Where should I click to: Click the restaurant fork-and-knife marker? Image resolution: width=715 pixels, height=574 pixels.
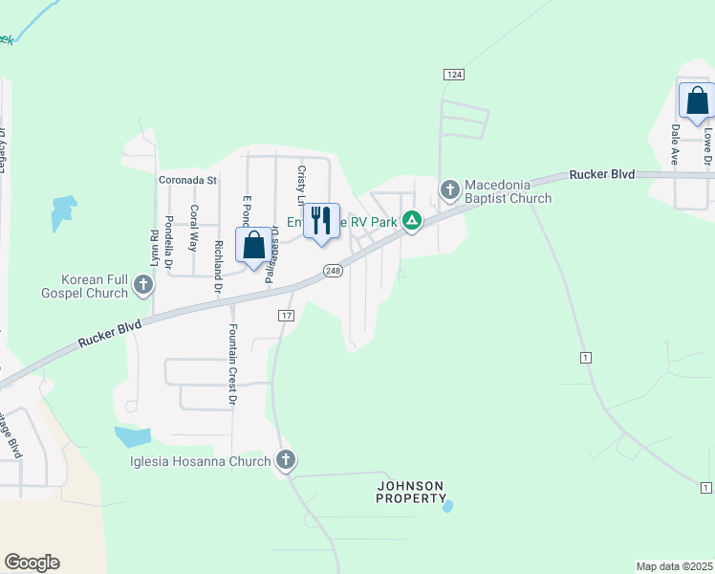pyautogui.click(x=322, y=222)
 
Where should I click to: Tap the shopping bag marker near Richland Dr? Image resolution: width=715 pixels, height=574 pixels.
pyautogui.click(x=253, y=245)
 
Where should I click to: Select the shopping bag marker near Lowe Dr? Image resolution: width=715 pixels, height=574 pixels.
pyautogui.click(x=697, y=100)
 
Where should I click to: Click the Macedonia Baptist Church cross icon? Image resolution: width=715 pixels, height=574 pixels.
pyautogui.click(x=450, y=191)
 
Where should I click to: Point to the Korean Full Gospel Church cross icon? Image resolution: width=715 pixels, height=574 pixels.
pyautogui.click(x=143, y=284)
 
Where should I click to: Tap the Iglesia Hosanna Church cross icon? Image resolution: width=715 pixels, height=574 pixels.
pyautogui.click(x=285, y=461)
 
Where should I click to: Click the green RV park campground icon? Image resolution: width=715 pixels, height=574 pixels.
pyautogui.click(x=412, y=222)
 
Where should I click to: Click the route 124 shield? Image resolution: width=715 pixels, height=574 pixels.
pyautogui.click(x=454, y=75)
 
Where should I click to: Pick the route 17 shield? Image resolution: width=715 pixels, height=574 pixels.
pyautogui.click(x=286, y=316)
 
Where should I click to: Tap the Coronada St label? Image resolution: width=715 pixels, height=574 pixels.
pyautogui.click(x=188, y=180)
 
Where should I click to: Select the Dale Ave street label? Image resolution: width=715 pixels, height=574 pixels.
pyautogui.click(x=676, y=143)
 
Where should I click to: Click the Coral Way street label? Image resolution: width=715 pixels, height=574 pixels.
pyautogui.click(x=194, y=228)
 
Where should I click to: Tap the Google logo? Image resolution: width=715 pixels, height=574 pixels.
pyautogui.click(x=32, y=563)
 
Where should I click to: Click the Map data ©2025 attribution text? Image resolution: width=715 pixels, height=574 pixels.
pyautogui.click(x=674, y=565)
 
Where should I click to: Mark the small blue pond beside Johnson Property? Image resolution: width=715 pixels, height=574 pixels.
pyautogui.click(x=448, y=505)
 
